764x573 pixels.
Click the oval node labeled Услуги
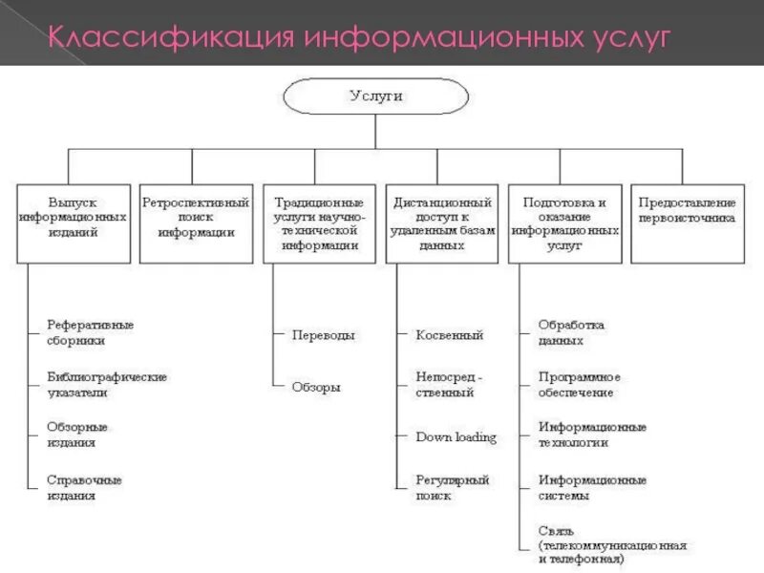click(x=375, y=96)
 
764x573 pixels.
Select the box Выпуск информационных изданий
click(x=73, y=223)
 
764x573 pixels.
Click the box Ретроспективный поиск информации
click(x=196, y=223)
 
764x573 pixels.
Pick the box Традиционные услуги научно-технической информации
click(x=319, y=223)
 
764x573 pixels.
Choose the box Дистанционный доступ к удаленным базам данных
click(x=442, y=223)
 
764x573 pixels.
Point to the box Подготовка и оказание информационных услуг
click(x=564, y=223)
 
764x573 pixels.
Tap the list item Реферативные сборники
click(x=91, y=331)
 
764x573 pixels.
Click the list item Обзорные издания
click(x=77, y=435)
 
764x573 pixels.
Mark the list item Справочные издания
click(x=84, y=487)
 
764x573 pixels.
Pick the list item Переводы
click(x=324, y=335)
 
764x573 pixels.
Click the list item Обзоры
click(x=316, y=387)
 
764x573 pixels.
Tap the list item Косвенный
click(x=450, y=335)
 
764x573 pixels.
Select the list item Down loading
click(x=456, y=437)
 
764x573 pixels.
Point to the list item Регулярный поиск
click(x=453, y=487)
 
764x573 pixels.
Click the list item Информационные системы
click(x=592, y=487)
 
